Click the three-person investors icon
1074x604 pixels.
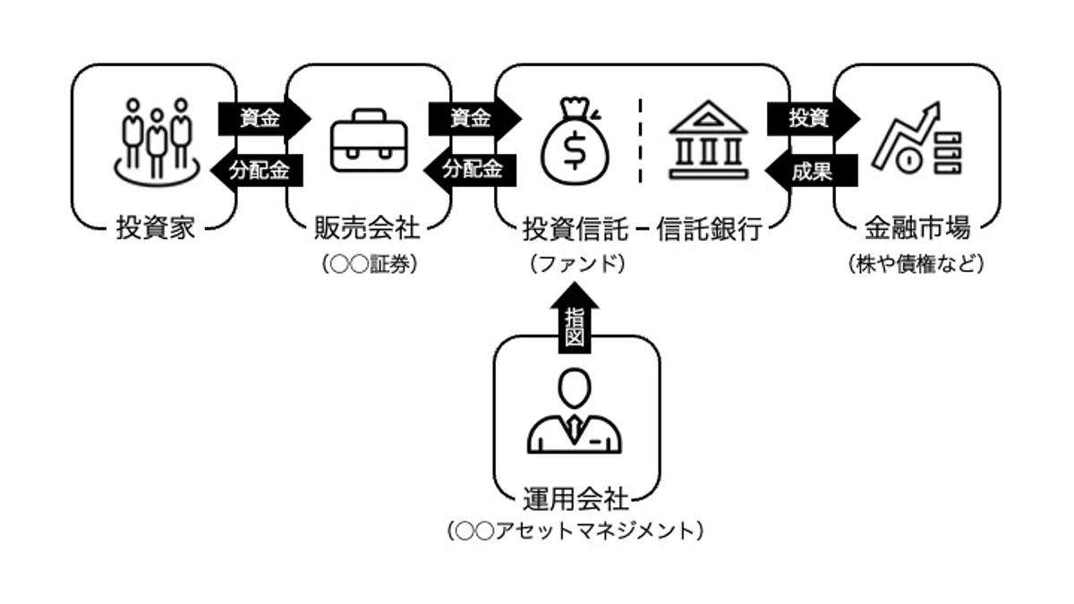(x=158, y=140)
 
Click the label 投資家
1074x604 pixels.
(x=155, y=228)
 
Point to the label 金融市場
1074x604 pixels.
(x=916, y=228)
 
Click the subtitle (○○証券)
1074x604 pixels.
(x=369, y=265)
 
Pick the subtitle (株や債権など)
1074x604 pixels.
(x=916, y=265)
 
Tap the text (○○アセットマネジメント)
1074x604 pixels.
(x=575, y=531)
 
